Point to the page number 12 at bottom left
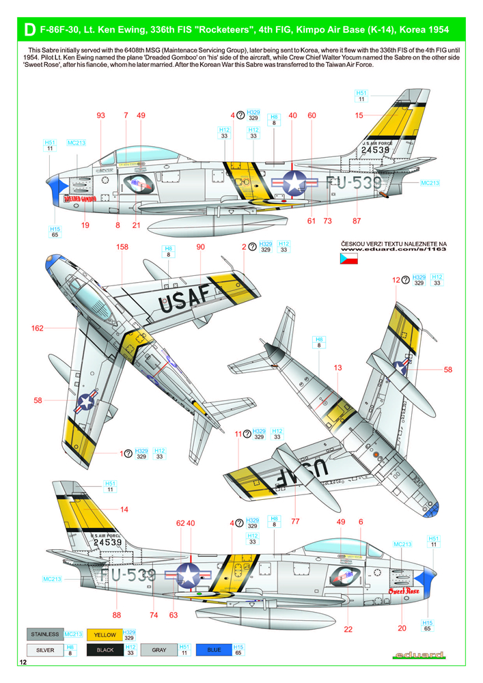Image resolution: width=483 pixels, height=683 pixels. [x=24, y=663]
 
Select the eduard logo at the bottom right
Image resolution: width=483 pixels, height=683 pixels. [x=419, y=656]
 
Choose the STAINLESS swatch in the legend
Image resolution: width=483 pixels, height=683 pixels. [x=45, y=635]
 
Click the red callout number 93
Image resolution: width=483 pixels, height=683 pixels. [x=101, y=116]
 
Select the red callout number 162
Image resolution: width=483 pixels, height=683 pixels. [x=37, y=329]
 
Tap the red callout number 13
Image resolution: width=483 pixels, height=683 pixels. [x=337, y=368]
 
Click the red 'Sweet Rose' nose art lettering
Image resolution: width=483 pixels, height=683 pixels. [x=403, y=589]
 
